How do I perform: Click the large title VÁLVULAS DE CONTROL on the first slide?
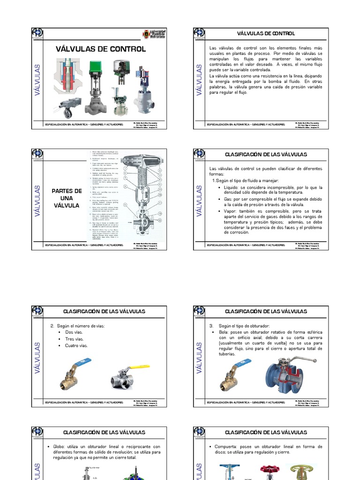coord(100,49)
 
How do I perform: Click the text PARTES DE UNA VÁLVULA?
coord(67,197)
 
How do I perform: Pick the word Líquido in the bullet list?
coord(233,187)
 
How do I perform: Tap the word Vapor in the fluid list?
coord(231,211)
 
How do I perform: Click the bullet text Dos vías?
coord(74,332)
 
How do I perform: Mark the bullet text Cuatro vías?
coord(76,345)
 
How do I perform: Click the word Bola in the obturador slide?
coord(223,332)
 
